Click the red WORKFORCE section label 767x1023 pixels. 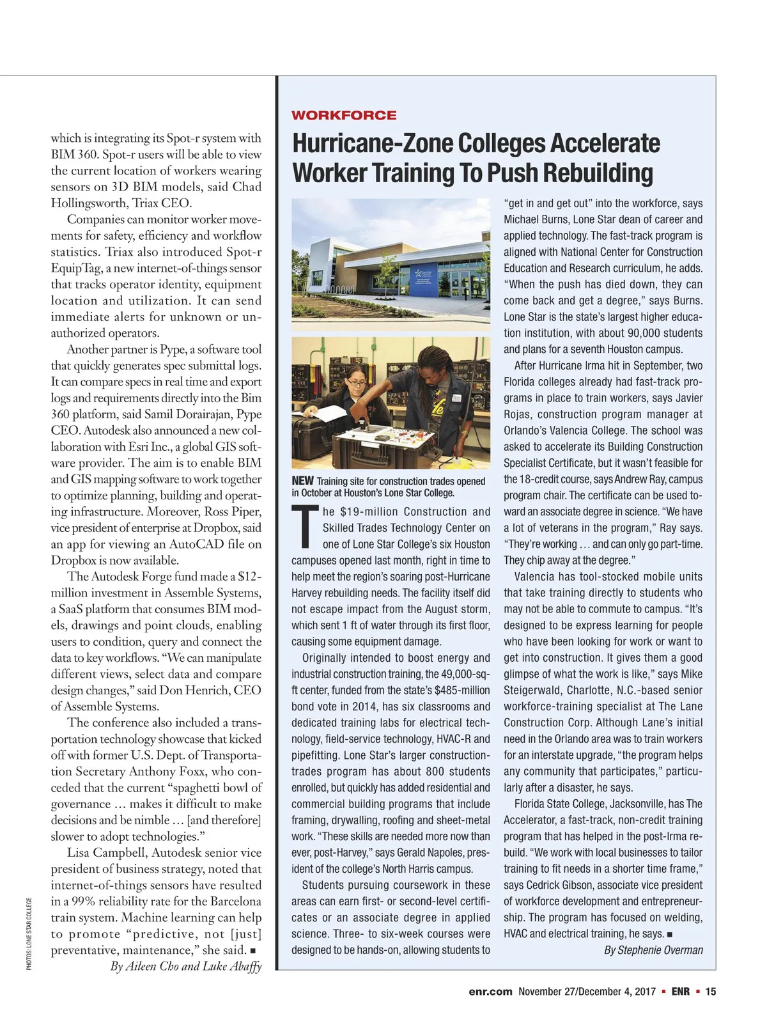coord(344,116)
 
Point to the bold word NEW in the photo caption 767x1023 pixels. coord(302,481)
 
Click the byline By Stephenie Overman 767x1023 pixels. coord(653,950)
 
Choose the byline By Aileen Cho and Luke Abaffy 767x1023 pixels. coord(186,966)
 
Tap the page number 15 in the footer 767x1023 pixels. coord(711,992)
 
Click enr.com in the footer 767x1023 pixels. coord(490,992)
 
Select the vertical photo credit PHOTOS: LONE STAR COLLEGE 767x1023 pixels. coord(29,934)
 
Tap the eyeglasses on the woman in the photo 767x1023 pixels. coord(357,383)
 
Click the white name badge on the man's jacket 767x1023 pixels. coord(456,398)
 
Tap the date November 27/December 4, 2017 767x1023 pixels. coord(587,992)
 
